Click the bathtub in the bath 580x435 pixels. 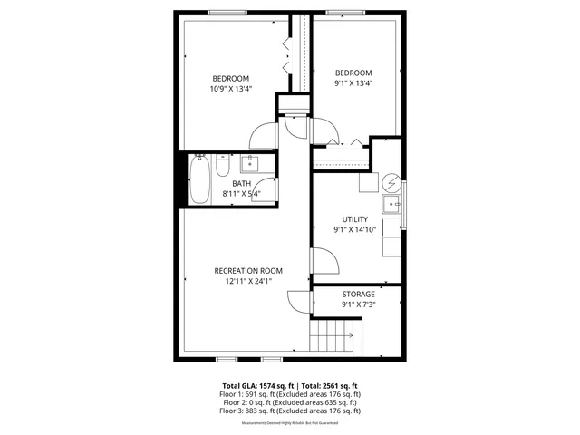click(x=199, y=180)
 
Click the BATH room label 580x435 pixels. click(x=241, y=184)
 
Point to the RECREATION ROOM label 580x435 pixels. click(x=248, y=271)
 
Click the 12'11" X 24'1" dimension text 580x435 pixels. click(x=248, y=282)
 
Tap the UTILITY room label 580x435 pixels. click(x=354, y=219)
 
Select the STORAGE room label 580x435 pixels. click(x=358, y=295)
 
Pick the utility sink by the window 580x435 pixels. click(x=393, y=203)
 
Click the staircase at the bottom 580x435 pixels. click(x=332, y=342)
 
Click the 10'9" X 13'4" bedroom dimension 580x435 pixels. click(x=230, y=89)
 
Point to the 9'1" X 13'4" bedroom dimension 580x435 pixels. click(x=353, y=83)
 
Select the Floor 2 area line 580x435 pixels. click(x=290, y=402)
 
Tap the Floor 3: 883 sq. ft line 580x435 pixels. click(x=290, y=411)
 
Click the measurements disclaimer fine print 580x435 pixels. click(x=290, y=420)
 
